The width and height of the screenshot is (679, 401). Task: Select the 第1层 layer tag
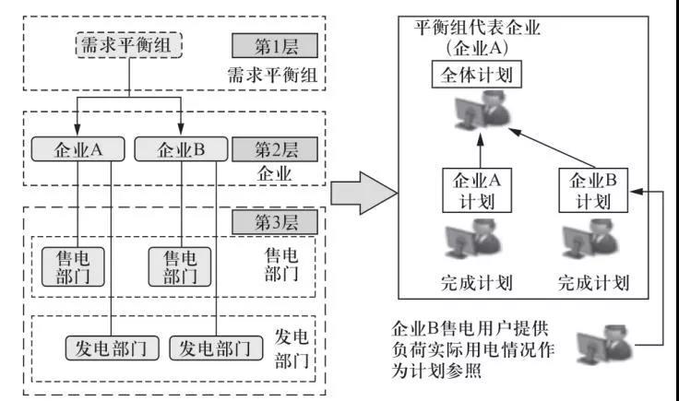point(273,46)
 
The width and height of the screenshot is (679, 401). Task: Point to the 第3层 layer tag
point(273,222)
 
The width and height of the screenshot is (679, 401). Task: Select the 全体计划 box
point(477,74)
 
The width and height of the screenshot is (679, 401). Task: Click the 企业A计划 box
point(476,189)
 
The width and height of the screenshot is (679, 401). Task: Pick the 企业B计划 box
point(593,189)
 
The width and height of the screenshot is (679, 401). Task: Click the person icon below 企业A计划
point(476,242)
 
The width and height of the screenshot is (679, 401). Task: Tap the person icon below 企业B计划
point(592,242)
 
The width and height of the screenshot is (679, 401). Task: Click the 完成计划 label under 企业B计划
point(593,281)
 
